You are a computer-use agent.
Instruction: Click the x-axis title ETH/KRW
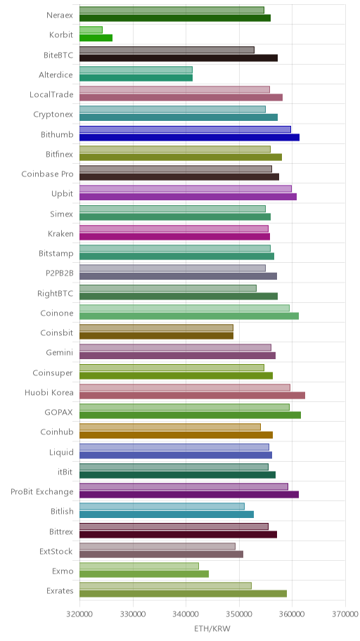tap(212, 628)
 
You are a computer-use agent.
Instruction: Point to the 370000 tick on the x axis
tap(345, 614)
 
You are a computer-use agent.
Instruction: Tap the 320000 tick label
tap(79, 614)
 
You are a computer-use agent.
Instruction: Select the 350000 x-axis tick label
tap(239, 614)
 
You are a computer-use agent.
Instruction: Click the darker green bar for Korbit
tap(96, 38)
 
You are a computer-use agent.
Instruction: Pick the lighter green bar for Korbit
tap(91, 30)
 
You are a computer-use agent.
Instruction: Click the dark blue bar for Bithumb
tap(189, 137)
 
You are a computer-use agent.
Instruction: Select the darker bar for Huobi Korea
tap(192, 395)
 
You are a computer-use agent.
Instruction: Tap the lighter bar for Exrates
tap(165, 585)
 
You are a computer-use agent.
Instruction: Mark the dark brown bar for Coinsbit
tap(156, 336)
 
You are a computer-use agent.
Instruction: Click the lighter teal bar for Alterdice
tap(136, 70)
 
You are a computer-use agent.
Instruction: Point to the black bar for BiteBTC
tap(179, 58)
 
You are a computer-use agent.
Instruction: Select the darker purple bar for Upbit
tap(188, 197)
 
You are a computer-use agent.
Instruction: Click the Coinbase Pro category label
tap(47, 174)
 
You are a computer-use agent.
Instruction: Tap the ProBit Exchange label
tap(42, 491)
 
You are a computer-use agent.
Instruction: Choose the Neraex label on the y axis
tap(60, 15)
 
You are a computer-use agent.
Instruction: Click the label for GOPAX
tap(59, 412)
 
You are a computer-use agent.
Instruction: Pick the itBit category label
tap(65, 472)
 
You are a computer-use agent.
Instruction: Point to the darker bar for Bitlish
tap(167, 514)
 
